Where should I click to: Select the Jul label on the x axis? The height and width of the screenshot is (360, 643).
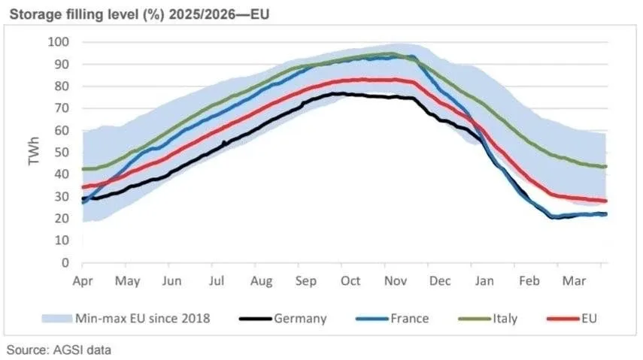coord(217,281)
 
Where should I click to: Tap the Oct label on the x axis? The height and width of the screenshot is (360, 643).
coord(351,281)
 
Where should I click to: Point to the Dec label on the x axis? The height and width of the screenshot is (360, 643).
coord(440,281)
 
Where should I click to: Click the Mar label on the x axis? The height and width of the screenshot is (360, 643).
coord(575,281)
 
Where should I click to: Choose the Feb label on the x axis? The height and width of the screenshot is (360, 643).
coord(529,281)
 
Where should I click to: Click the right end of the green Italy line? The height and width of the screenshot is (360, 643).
coord(605,166)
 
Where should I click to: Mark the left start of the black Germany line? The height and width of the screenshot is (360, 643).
coord(83,199)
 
